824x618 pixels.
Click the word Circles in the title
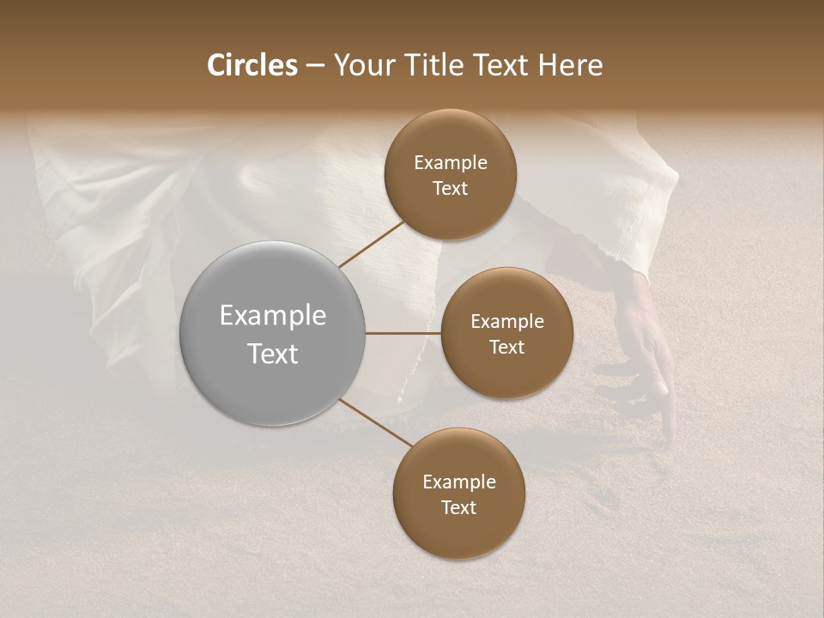(x=252, y=65)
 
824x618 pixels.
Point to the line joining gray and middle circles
(x=403, y=333)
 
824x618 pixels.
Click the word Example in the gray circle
(x=272, y=316)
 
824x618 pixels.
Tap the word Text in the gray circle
(x=272, y=354)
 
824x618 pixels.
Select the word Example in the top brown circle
(x=450, y=163)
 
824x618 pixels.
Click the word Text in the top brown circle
(x=450, y=188)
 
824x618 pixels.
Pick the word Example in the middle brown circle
(x=506, y=322)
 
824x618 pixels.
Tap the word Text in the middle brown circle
(x=506, y=347)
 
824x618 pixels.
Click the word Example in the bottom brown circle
(x=458, y=482)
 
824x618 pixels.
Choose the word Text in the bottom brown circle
(x=458, y=507)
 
